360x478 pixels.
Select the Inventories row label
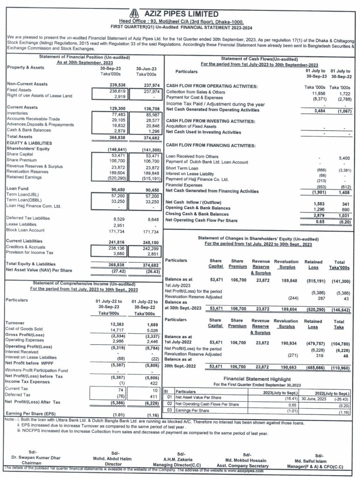[x=18, y=113]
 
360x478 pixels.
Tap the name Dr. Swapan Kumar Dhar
[x=33, y=457]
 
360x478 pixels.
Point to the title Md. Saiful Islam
[x=320, y=459]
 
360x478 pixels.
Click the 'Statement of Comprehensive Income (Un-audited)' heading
[x=82, y=283]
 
